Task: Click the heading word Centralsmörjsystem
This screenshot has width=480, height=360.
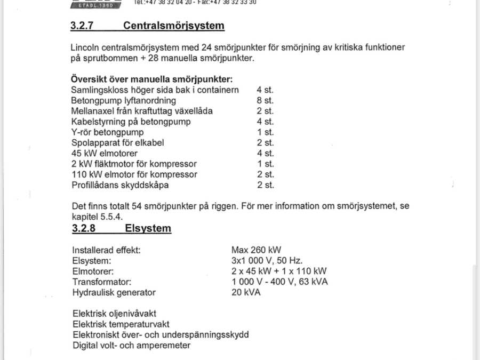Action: point(173,26)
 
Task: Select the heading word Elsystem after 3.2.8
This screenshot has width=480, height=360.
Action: point(148,229)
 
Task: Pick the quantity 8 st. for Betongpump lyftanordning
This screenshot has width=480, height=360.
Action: point(265,101)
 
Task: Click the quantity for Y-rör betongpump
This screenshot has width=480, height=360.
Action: point(265,132)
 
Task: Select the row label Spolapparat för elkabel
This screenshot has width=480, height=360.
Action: point(117,143)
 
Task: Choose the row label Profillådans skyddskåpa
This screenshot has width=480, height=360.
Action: point(119,185)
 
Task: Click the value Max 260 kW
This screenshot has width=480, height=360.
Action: point(256,250)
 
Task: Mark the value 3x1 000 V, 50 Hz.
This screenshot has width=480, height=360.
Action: point(267,261)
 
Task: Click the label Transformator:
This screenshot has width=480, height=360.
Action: point(102,282)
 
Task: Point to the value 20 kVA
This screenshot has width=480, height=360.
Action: point(246,292)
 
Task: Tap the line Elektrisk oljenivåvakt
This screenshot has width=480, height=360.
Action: point(114,314)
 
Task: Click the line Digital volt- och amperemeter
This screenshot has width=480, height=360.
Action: point(131,345)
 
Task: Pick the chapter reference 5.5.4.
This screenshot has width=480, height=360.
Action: point(113,217)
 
